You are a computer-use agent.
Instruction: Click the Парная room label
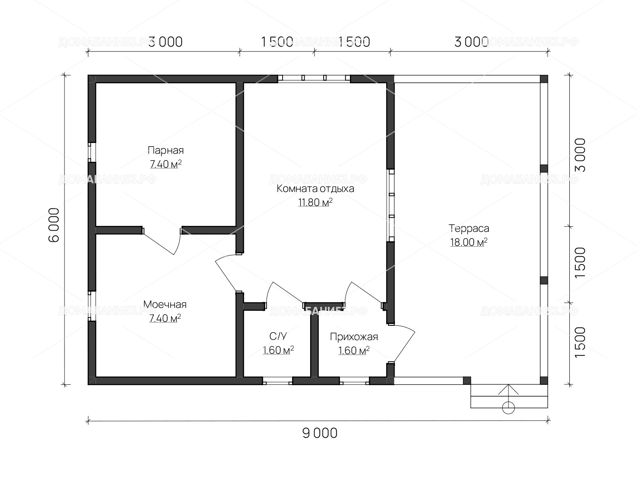point(166,150)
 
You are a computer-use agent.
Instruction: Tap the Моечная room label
point(165,304)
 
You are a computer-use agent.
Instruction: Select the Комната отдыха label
point(315,189)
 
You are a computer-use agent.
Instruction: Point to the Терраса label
point(469,228)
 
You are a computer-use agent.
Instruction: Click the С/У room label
point(278,336)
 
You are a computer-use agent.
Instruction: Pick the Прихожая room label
point(354,337)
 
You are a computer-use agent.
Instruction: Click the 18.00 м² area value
point(469,242)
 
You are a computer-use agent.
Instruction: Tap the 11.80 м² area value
point(315,202)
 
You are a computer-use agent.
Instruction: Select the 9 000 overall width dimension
point(320,433)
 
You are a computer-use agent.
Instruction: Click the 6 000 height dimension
point(54,225)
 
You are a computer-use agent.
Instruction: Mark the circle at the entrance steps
point(508,408)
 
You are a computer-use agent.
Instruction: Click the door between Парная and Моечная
point(162,241)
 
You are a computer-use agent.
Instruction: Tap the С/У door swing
point(285,293)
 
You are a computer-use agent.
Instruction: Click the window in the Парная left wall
point(92,152)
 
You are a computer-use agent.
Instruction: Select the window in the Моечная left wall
point(92,306)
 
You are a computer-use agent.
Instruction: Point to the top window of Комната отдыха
point(314,78)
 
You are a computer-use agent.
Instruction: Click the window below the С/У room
point(277,381)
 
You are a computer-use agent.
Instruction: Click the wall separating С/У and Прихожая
point(314,345)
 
